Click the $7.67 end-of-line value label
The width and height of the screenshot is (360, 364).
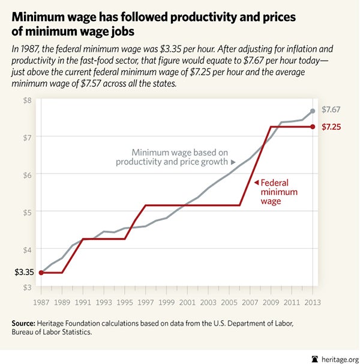pos(332,110)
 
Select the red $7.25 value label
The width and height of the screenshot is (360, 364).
pos(332,127)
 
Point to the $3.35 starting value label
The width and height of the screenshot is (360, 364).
pos(24,273)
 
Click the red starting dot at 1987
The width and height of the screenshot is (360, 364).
pos(41,273)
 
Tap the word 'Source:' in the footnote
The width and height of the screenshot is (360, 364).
pos(26,324)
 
